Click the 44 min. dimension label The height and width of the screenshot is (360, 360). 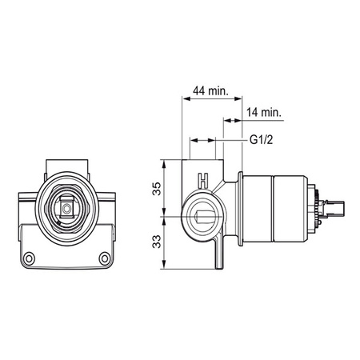click(210, 91)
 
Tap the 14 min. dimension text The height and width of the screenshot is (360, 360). click(264, 112)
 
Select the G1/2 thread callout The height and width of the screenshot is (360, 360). click(262, 140)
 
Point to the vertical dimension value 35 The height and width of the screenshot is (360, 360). click(157, 189)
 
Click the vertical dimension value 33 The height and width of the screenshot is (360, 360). click(157, 242)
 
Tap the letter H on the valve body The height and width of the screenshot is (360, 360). click(203, 181)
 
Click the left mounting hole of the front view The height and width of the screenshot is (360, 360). click(29, 258)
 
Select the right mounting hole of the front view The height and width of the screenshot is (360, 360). click(105, 258)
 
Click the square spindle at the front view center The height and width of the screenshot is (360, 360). click(66, 209)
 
